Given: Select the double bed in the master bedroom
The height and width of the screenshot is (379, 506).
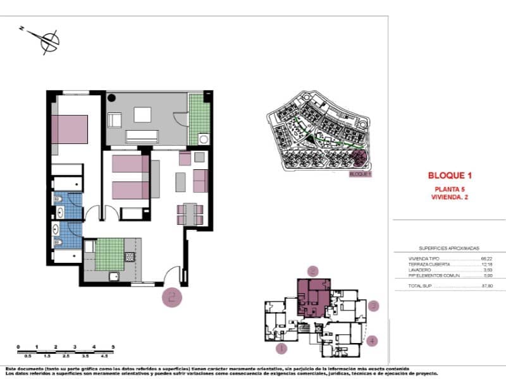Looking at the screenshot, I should click(x=70, y=129).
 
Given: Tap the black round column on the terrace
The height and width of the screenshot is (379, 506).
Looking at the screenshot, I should click(x=112, y=99).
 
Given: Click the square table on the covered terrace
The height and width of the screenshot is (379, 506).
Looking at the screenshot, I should click(x=142, y=114).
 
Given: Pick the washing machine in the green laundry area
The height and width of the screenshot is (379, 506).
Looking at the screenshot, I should click(x=204, y=139).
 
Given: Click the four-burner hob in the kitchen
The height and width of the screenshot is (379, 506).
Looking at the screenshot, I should click(x=130, y=257).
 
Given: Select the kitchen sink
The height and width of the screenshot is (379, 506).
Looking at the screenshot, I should click(x=114, y=276).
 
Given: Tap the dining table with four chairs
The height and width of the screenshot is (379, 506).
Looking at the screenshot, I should click(x=190, y=214).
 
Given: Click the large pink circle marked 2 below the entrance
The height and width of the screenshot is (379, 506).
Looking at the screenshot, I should click(x=173, y=297).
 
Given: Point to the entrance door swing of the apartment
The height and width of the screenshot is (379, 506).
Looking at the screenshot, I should click(x=171, y=275).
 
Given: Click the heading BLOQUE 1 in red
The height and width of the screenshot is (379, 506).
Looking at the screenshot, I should click(x=450, y=176).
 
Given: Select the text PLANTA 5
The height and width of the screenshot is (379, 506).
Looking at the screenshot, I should click(x=450, y=189).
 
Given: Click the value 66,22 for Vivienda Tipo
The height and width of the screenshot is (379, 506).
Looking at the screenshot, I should click(x=486, y=258).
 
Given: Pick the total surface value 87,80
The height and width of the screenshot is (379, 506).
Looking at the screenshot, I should click(x=486, y=286).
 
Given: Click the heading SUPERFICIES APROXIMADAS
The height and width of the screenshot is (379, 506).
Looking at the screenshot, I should click(x=449, y=248).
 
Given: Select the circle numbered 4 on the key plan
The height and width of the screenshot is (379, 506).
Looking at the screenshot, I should click(x=373, y=340).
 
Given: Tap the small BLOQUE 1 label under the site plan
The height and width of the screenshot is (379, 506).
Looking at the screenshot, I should click(x=361, y=174).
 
